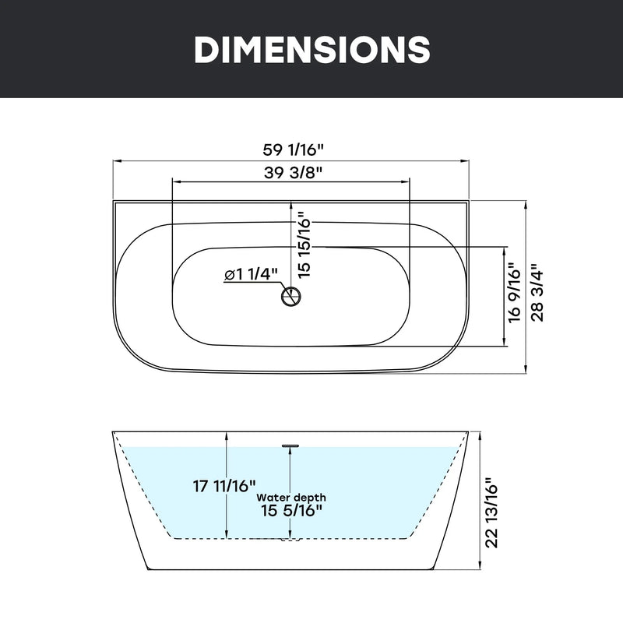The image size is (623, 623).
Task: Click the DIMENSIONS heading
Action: tap(312, 49)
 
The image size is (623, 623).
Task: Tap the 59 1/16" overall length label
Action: tap(294, 150)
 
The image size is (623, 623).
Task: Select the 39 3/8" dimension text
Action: tap(293, 172)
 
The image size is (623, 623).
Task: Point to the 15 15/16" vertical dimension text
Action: tap(303, 245)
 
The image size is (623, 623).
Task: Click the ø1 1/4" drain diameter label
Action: tap(251, 274)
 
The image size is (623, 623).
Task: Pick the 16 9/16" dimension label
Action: tap(514, 293)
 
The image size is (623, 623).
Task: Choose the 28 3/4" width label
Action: tap(537, 293)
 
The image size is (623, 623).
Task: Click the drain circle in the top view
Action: tap(291, 296)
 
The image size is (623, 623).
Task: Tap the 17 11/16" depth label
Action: tap(224, 485)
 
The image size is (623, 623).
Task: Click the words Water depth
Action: tap(291, 498)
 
